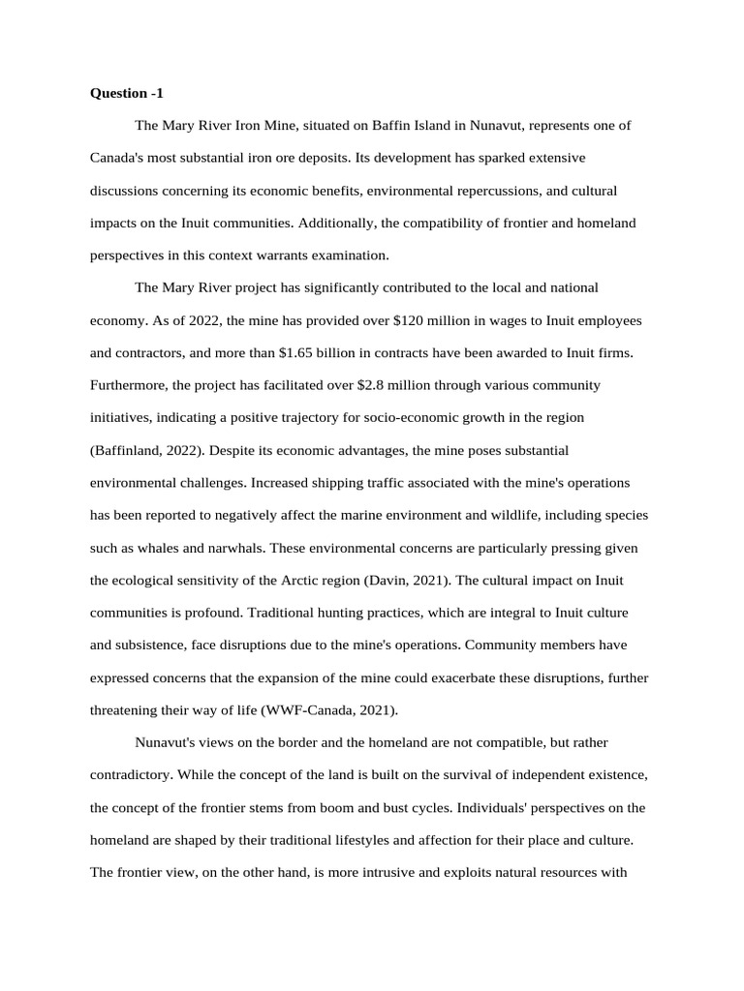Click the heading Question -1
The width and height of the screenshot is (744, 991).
point(127,93)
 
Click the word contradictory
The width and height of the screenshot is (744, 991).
point(131,775)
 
